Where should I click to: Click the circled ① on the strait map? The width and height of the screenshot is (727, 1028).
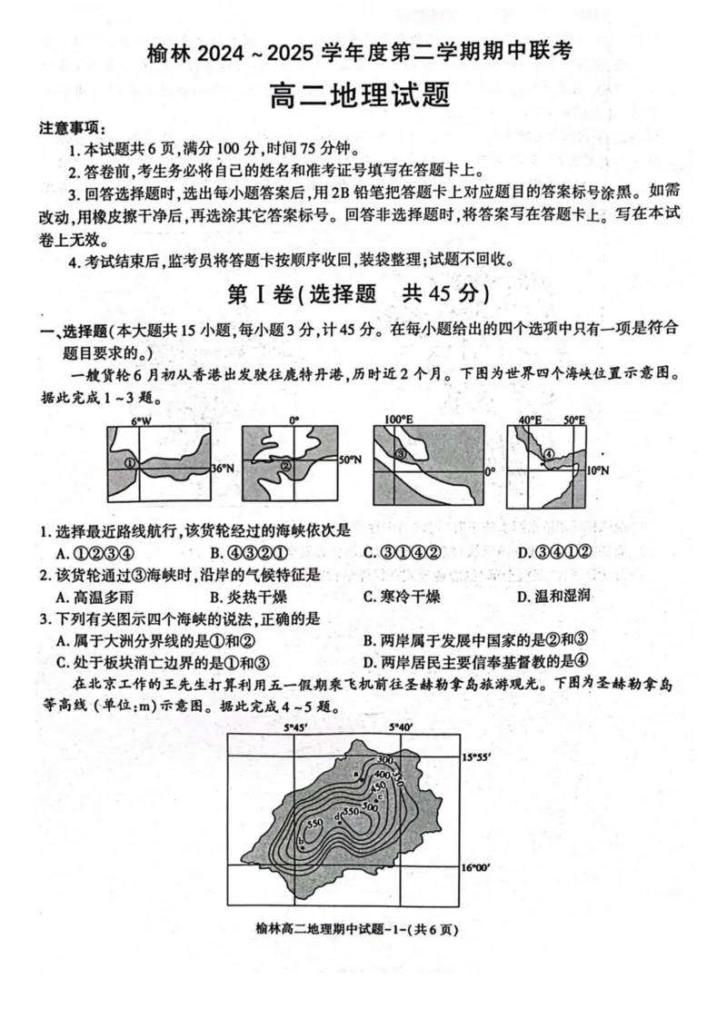tap(130, 463)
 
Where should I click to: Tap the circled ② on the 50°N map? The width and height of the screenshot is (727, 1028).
tap(285, 466)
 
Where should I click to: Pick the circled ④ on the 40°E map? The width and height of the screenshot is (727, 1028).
tap(549, 454)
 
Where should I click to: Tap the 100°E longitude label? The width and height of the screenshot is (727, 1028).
tap(397, 420)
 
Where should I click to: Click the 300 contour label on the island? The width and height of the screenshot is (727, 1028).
tap(383, 759)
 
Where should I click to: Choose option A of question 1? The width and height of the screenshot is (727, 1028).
tap(95, 553)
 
